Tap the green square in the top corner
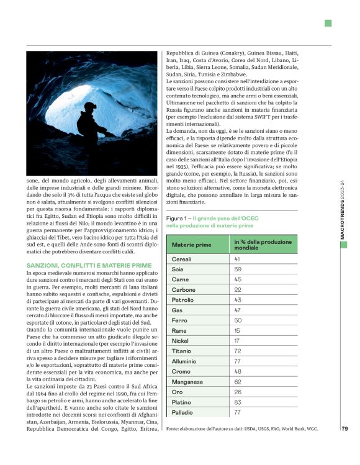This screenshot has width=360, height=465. [328, 23]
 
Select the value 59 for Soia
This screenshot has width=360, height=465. [238, 269]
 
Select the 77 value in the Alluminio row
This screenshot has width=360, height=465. [238, 361]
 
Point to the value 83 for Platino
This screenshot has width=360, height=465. [238, 402]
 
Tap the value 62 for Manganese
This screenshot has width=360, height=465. [238, 382]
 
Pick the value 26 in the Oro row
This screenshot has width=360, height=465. [238, 392]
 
